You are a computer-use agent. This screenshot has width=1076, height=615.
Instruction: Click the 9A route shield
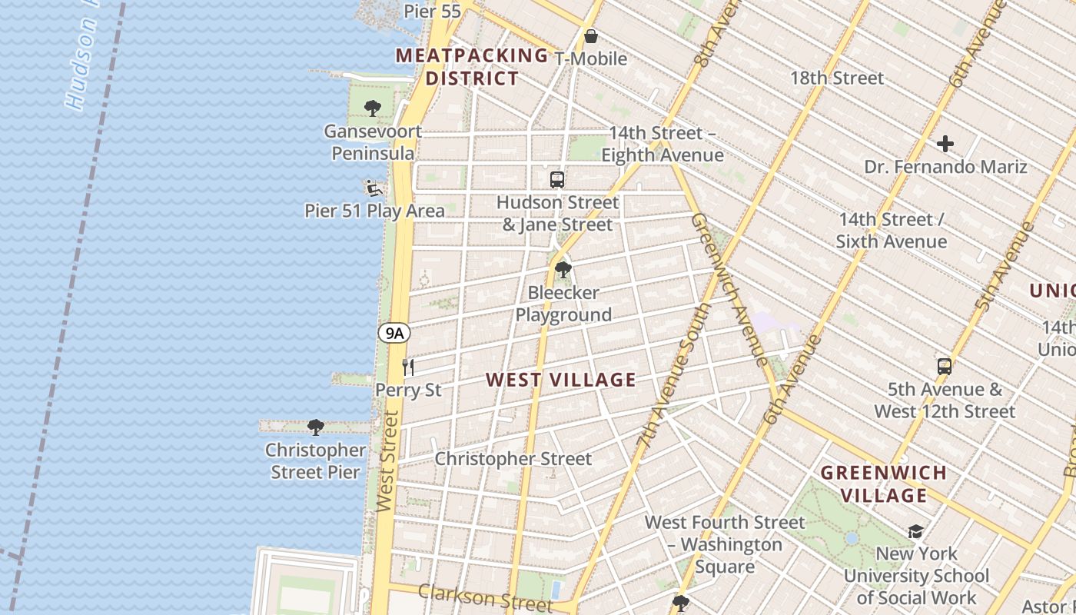394,333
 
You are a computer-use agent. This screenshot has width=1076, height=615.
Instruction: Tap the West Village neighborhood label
561,380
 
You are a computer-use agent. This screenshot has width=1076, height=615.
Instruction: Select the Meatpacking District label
472,67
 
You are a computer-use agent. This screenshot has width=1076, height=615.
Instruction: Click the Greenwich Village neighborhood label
884,484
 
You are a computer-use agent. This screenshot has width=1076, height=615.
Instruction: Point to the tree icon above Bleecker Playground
563,270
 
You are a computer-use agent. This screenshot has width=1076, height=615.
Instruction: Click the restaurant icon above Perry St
408,367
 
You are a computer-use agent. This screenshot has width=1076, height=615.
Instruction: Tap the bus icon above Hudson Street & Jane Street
557,180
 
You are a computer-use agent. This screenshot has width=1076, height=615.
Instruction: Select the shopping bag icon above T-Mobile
591,36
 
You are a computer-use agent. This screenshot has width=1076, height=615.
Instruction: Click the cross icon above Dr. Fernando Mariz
945,144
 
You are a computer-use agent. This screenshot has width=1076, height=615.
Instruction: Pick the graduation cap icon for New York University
915,531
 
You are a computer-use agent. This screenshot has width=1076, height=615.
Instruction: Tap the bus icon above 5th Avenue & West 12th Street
945,367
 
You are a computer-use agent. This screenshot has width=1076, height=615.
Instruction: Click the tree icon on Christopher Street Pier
315,427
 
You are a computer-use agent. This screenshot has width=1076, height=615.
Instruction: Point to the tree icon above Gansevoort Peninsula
373,108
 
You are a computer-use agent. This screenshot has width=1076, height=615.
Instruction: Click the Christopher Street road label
513,459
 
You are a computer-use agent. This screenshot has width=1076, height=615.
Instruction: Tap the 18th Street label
837,78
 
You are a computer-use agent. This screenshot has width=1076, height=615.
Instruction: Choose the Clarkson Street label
485,597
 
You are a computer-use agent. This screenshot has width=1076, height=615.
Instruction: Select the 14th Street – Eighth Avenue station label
663,144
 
